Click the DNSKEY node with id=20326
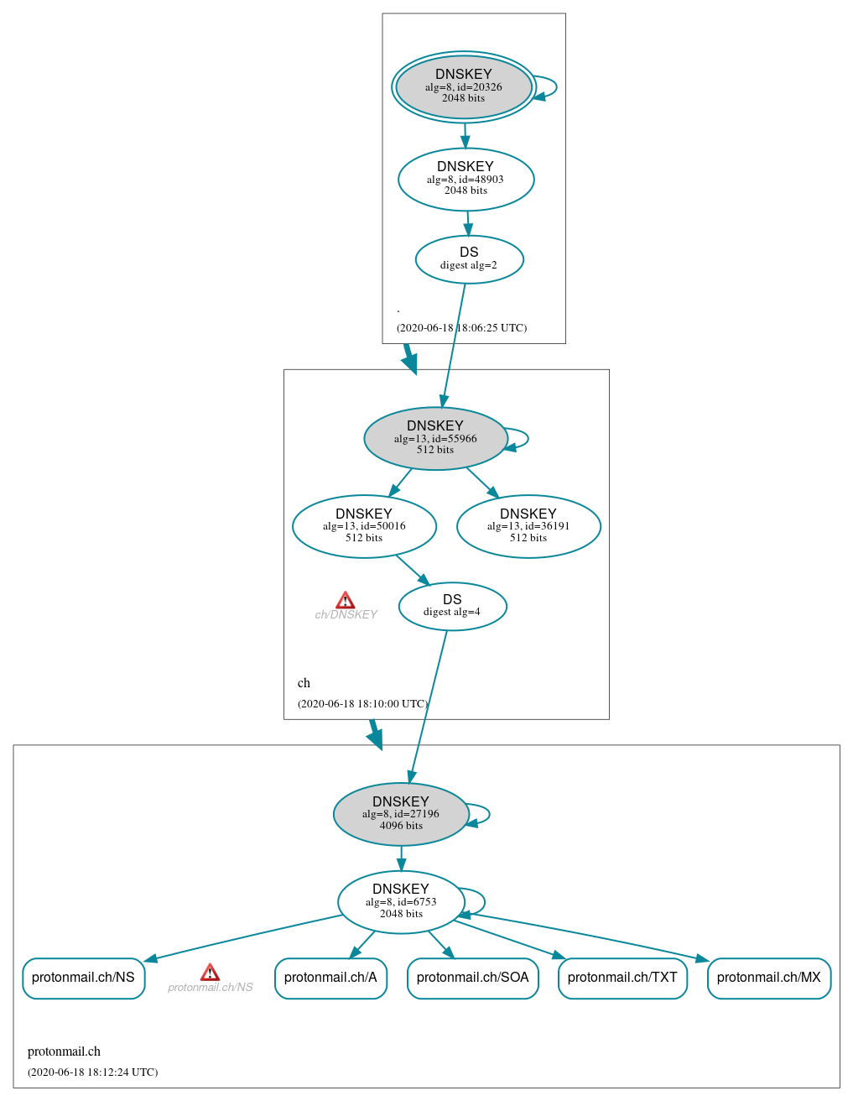pyautogui.click(x=464, y=87)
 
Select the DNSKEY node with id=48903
pyautogui.click(x=466, y=180)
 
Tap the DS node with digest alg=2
pyautogui.click(x=469, y=259)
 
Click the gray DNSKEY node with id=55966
pyautogui.click(x=435, y=438)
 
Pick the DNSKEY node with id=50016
pyautogui.click(x=364, y=526)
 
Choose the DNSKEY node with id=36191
pyautogui.click(x=528, y=526)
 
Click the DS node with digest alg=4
pyautogui.click(x=452, y=606)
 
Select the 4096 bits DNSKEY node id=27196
pyautogui.click(x=401, y=814)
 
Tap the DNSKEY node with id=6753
pyautogui.click(x=401, y=902)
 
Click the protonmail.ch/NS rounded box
pyautogui.click(x=83, y=978)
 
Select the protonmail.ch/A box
pyautogui.click(x=330, y=978)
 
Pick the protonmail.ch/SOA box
pyautogui.click(x=472, y=978)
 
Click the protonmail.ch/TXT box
pyautogui.click(x=622, y=978)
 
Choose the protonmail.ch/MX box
pyautogui.click(x=768, y=978)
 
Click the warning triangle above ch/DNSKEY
pyautogui.click(x=345, y=600)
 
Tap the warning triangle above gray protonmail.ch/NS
pyautogui.click(x=210, y=973)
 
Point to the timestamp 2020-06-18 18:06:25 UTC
pyautogui.click(x=461, y=328)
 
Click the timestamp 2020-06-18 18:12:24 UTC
pyautogui.click(x=92, y=1072)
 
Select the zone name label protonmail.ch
pyautogui.click(x=64, y=1051)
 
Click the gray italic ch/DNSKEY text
pyautogui.click(x=346, y=615)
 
